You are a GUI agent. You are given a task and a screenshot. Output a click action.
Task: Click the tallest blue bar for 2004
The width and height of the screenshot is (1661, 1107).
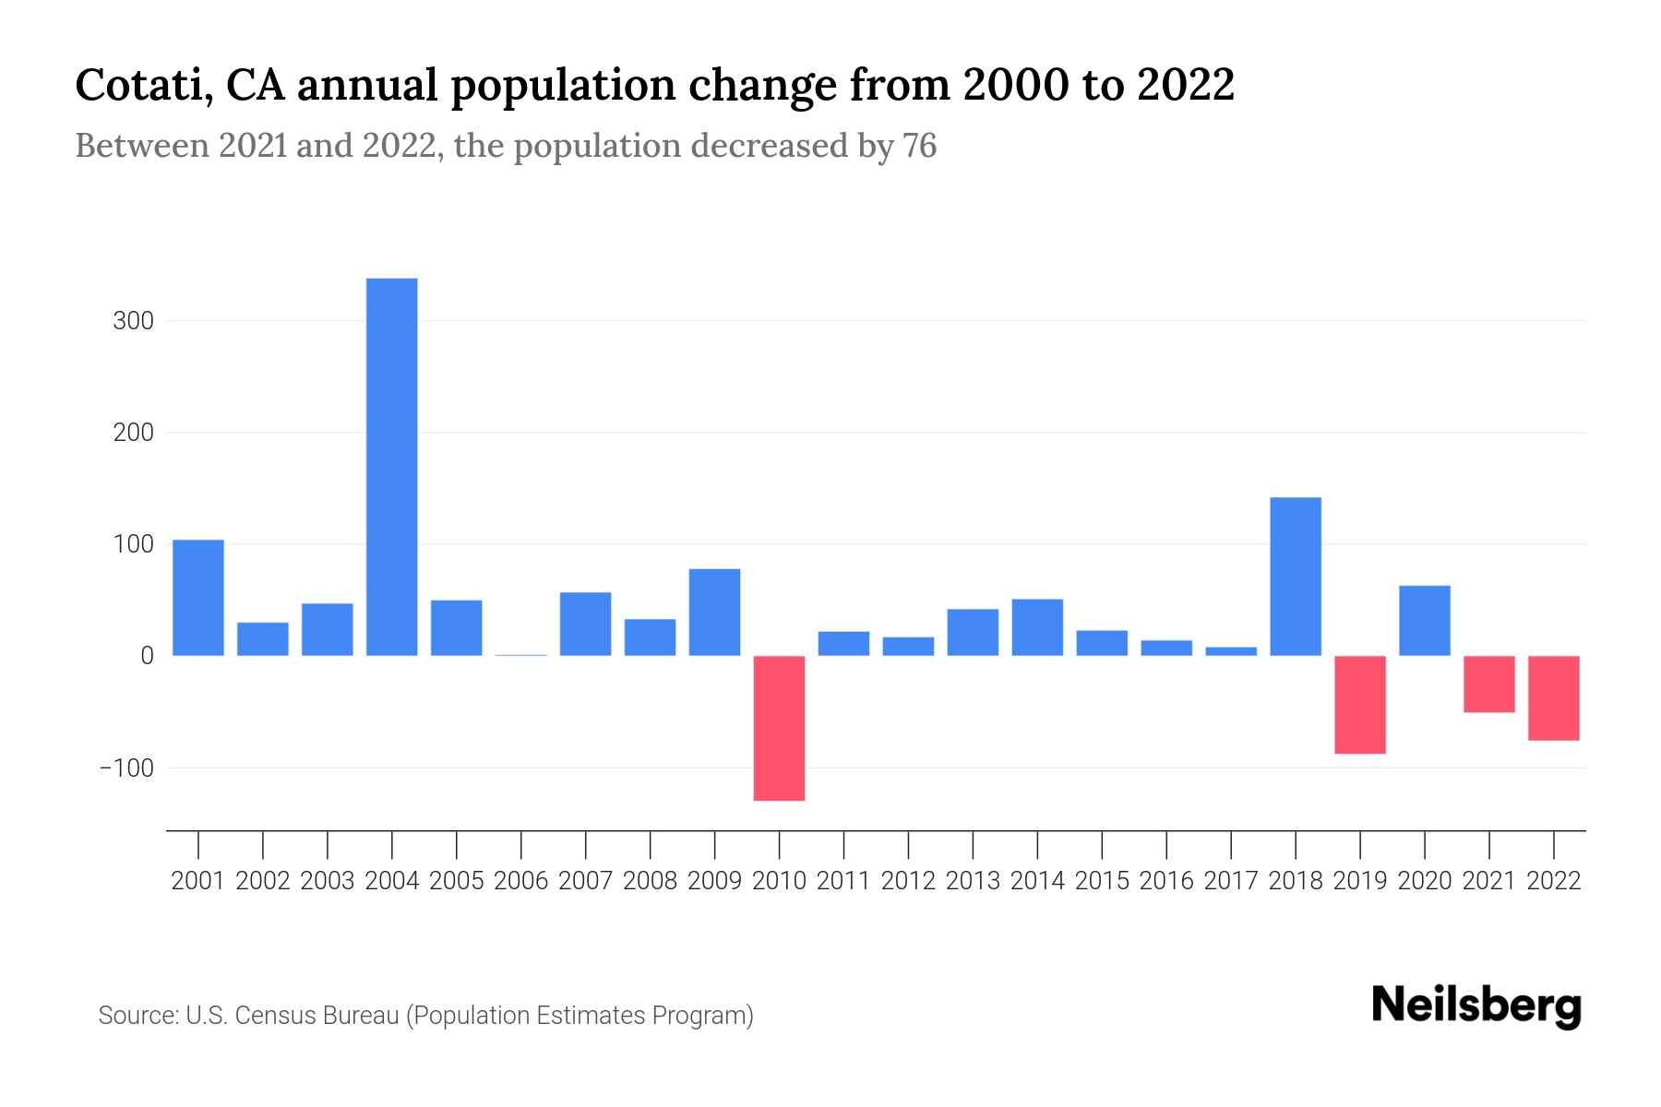tap(391, 467)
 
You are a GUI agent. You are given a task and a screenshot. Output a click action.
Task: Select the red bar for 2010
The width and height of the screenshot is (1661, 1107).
tap(779, 728)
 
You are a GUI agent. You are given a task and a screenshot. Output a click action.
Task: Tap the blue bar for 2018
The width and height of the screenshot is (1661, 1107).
tap(1296, 577)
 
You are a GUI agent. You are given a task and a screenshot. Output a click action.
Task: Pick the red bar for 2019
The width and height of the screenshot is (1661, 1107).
tap(1360, 705)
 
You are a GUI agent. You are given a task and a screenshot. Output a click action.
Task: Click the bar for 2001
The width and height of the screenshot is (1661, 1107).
tap(198, 598)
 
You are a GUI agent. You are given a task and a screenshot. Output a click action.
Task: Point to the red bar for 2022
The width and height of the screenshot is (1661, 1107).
tap(1554, 698)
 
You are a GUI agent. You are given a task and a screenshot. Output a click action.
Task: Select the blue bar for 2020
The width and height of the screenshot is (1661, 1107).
tap(1425, 621)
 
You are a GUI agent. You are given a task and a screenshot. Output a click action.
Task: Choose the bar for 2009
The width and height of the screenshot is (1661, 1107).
tap(714, 613)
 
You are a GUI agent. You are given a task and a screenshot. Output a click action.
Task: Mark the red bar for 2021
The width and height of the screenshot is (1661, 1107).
tap(1489, 684)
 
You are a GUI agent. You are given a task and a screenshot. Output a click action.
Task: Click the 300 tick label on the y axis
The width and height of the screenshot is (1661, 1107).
tap(134, 322)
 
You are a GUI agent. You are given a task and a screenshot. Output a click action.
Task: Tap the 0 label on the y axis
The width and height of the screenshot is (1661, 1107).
tap(147, 656)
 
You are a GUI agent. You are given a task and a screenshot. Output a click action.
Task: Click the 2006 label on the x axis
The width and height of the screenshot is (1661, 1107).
tap(520, 881)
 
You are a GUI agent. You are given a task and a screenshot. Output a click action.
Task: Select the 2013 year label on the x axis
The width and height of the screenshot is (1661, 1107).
tap(973, 881)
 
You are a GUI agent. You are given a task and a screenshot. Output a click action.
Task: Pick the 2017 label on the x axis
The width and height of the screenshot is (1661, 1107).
tap(1231, 881)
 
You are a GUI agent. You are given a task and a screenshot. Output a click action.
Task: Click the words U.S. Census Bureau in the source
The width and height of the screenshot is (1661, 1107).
tap(292, 1016)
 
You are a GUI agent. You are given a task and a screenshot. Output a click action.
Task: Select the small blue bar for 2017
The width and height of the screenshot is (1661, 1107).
tap(1231, 651)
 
